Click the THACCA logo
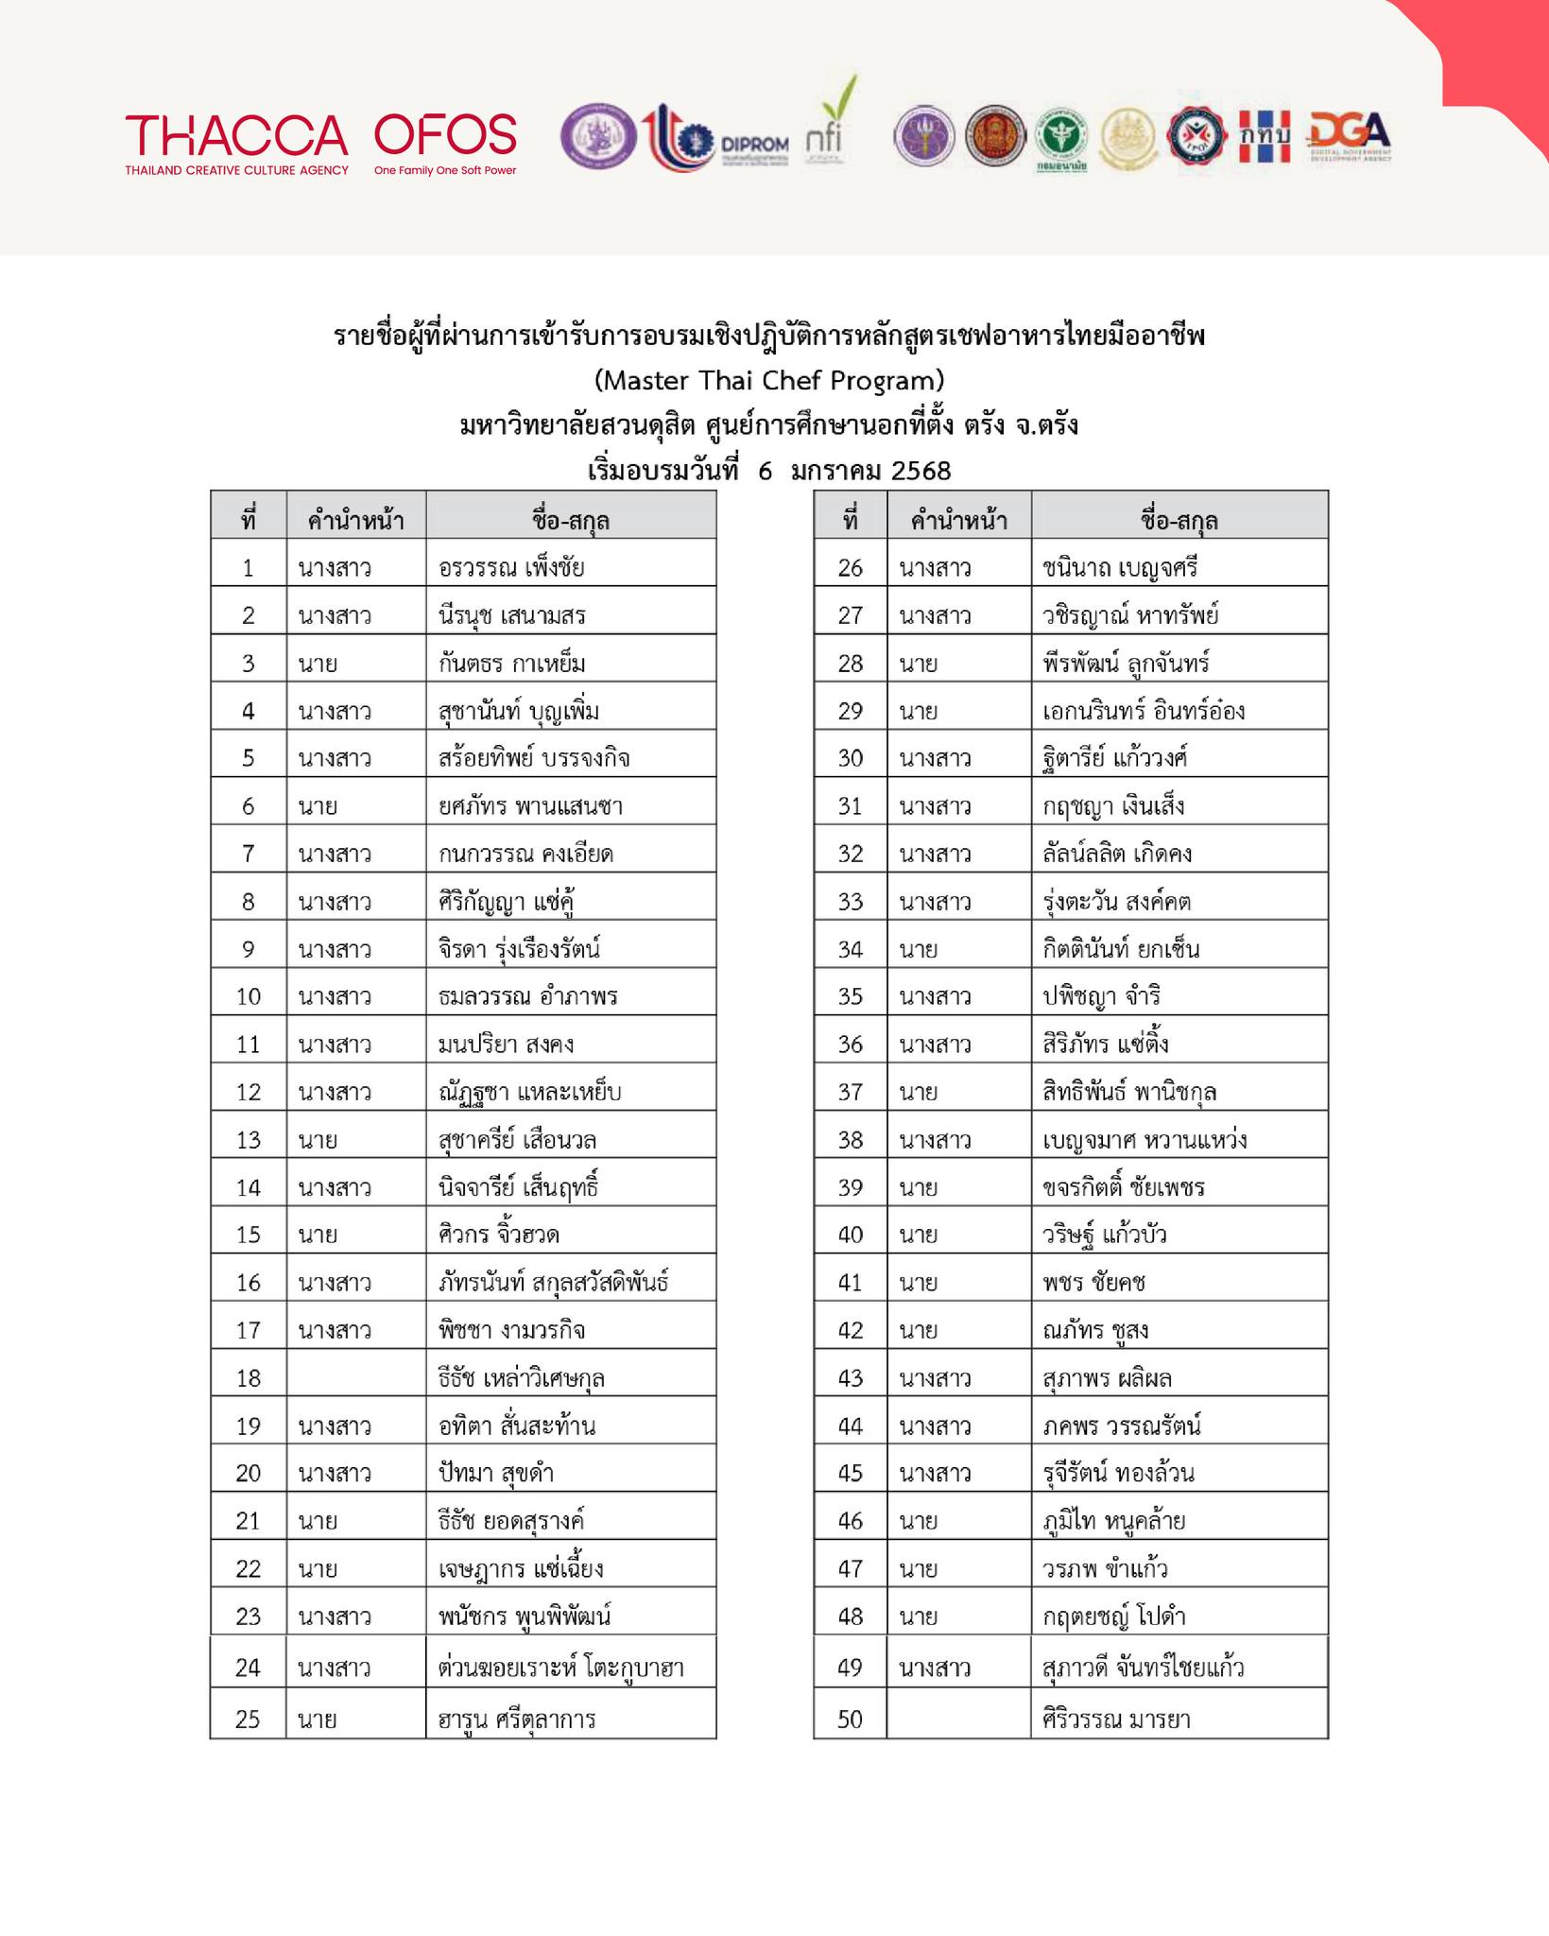point(236,144)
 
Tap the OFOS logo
point(445,144)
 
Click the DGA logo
point(1349,138)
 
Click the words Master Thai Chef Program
point(769,380)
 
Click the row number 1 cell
point(248,568)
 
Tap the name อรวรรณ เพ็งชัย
point(511,568)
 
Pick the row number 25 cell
point(248,1719)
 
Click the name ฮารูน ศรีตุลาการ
point(517,1719)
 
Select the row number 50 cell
point(850,1719)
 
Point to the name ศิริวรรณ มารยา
point(1116,1719)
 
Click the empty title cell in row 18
point(355,1377)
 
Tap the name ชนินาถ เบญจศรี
point(1120,568)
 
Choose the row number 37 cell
point(850,1092)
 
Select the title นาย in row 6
point(318,806)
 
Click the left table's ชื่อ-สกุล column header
point(571,520)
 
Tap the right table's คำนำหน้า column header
point(958,520)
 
